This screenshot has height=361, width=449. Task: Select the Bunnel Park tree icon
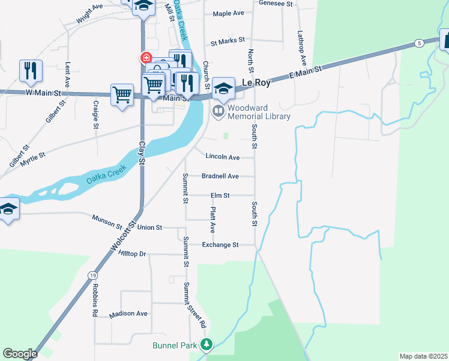tap(206, 345)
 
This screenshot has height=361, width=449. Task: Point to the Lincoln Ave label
tap(222, 157)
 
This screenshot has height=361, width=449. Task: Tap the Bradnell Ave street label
tap(220, 176)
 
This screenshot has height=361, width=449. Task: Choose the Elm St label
tap(220, 196)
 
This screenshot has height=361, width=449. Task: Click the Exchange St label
tap(220, 245)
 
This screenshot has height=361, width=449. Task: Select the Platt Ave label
tap(212, 220)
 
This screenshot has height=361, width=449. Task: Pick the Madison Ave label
tap(128, 313)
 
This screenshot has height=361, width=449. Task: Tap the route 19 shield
tap(92, 274)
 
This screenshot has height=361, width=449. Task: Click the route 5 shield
tap(418, 43)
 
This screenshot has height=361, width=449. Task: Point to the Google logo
tap(20, 354)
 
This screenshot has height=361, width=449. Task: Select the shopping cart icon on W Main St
tap(122, 94)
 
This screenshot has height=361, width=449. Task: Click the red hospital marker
tap(146, 58)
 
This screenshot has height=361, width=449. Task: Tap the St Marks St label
tap(228, 42)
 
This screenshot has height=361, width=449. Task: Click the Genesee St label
tap(276, 3)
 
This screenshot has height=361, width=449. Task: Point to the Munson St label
tap(107, 221)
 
